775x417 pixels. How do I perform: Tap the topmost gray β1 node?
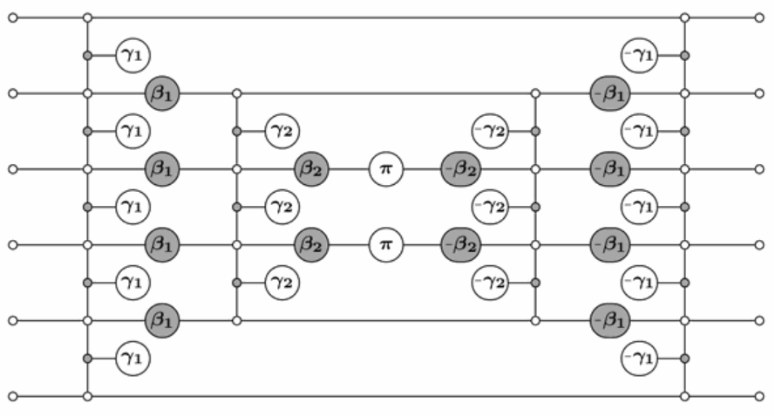(163, 92)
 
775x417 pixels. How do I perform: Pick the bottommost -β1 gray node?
(608, 320)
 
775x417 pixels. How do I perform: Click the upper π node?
(384, 168)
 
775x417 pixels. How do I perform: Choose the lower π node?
(384, 244)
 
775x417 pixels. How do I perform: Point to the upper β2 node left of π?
(312, 168)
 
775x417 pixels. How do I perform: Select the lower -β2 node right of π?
(459, 244)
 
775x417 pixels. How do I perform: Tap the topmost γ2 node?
(282, 131)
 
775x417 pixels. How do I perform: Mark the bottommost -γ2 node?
(489, 282)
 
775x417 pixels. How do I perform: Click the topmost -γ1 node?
(639, 56)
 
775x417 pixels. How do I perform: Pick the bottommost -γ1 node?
(639, 358)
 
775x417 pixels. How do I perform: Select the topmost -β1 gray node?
(608, 92)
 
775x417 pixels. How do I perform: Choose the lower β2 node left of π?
(312, 244)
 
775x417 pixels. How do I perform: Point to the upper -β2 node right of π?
(459, 168)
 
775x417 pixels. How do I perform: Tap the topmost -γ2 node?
(489, 131)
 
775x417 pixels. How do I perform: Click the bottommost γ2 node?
(282, 282)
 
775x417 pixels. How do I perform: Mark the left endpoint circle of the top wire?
(12, 17)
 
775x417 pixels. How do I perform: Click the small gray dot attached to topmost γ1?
(87, 56)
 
